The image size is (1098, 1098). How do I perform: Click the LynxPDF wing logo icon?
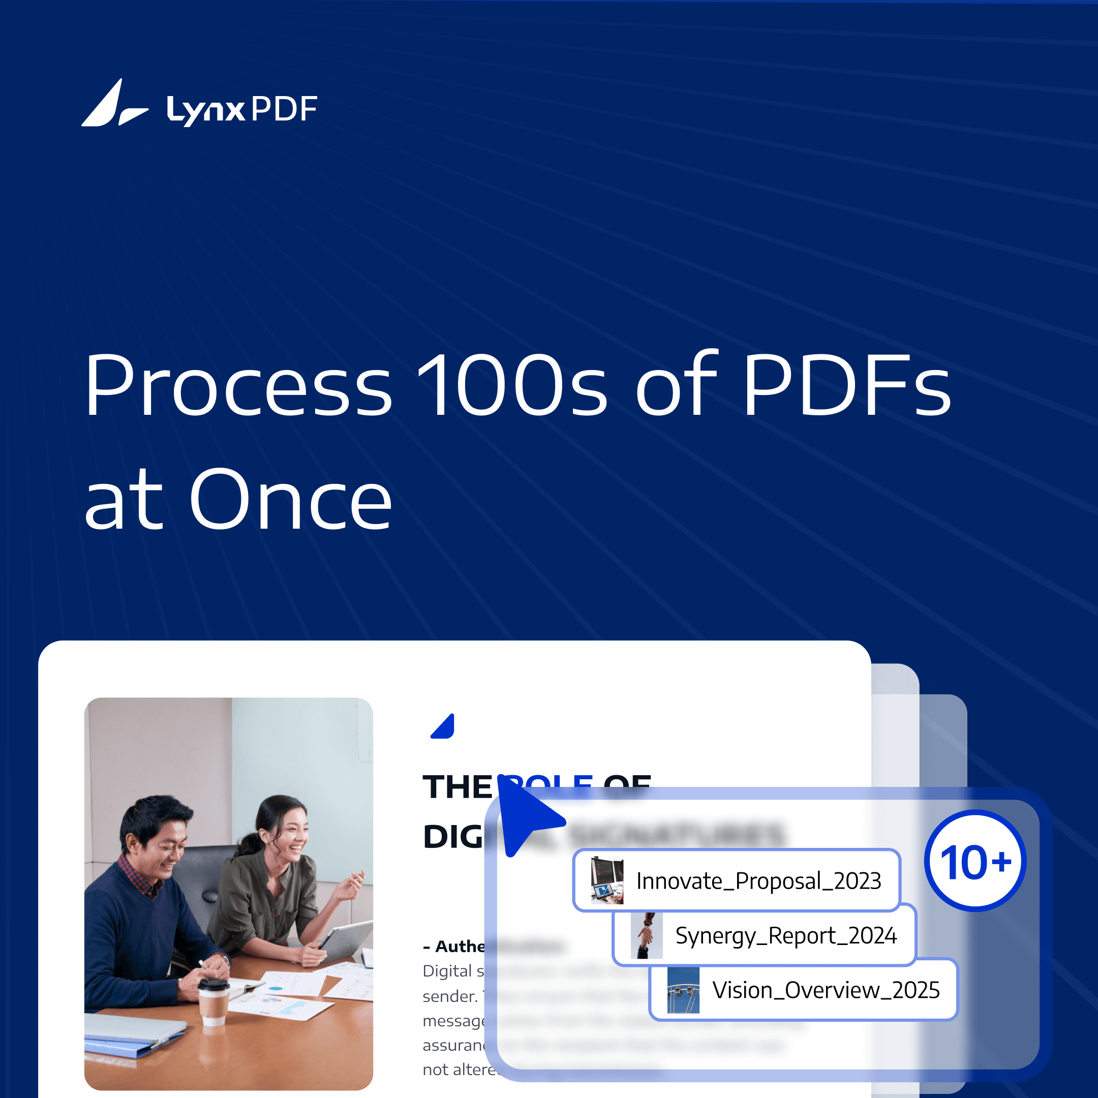click(114, 104)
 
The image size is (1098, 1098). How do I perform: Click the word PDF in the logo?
click(284, 109)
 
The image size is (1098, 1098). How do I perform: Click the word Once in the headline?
click(290, 500)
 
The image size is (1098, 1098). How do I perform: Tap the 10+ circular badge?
click(975, 861)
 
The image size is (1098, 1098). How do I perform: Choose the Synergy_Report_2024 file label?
click(785, 935)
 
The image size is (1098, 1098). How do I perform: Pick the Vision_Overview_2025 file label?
click(826, 990)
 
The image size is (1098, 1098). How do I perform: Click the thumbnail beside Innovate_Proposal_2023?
click(607, 880)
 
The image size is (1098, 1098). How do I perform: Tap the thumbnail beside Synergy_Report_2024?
click(647, 935)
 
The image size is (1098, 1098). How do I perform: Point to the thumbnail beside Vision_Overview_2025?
click(683, 990)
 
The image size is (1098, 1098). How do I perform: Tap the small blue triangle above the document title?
click(444, 727)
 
